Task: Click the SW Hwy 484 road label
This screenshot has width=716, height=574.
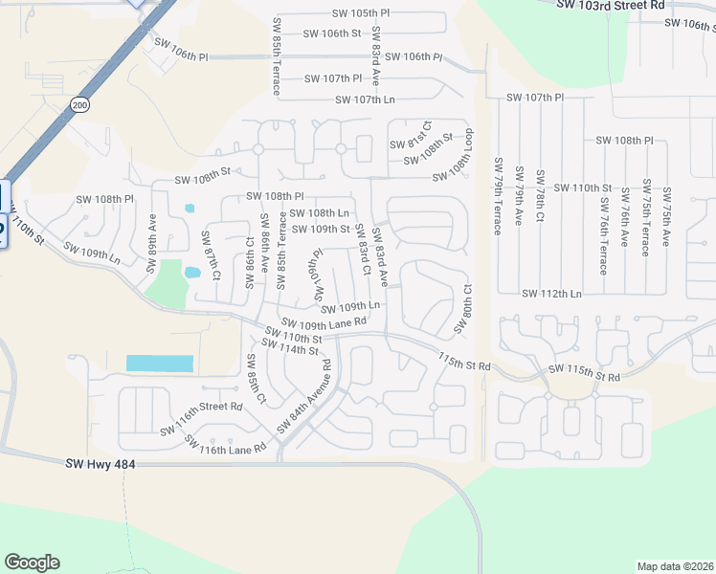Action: pyautogui.click(x=101, y=465)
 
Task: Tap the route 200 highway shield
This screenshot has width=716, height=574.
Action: pyautogui.click(x=79, y=104)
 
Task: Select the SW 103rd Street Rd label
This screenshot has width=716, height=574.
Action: pyautogui.click(x=611, y=5)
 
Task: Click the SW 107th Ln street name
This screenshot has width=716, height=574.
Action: pyautogui.click(x=365, y=99)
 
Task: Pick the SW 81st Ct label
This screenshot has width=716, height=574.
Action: pyautogui.click(x=411, y=135)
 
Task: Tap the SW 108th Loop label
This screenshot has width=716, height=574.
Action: pyautogui.click(x=453, y=155)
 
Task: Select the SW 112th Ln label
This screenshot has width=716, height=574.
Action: pyautogui.click(x=551, y=294)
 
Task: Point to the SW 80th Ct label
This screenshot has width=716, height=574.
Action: pyautogui.click(x=463, y=308)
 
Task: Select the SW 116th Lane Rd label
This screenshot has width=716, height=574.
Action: pyautogui.click(x=225, y=446)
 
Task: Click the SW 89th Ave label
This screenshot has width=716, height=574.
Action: pyautogui.click(x=151, y=244)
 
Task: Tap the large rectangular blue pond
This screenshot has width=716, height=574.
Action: pyautogui.click(x=160, y=364)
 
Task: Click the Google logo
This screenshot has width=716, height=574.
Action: pyautogui.click(x=32, y=563)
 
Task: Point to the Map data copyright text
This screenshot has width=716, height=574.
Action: pyautogui.click(x=675, y=566)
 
